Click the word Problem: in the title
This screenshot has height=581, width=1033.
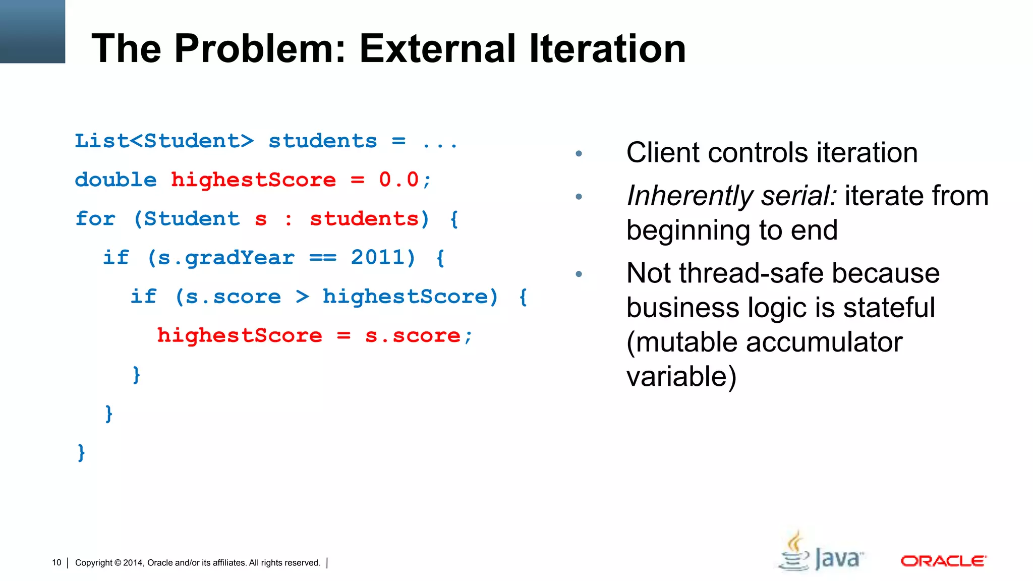coord(260,48)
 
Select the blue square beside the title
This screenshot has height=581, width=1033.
coord(32,31)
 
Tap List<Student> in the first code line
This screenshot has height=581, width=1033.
coord(164,141)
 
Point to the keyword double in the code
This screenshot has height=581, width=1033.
coord(116,180)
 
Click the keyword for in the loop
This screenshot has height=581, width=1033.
coord(95,219)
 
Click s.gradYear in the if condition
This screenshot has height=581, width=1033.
coord(226,258)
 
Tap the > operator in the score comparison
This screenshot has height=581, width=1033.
coord(302,297)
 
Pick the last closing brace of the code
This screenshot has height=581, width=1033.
coord(81,452)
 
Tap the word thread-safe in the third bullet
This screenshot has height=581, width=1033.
coord(753,273)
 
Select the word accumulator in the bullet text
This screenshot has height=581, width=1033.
coord(824,342)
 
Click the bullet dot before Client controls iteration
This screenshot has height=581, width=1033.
coord(579,153)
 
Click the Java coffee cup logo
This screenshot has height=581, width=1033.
coord(795,552)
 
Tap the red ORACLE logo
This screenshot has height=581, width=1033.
coord(943,561)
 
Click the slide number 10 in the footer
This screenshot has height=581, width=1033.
coord(56,562)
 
